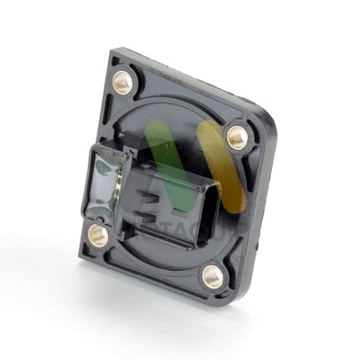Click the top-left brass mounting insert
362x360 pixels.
pos(123,83)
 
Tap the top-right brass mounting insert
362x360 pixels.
pos(237,138)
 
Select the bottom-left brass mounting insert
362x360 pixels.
pos(98,237)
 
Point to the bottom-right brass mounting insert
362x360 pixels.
pos(213,275)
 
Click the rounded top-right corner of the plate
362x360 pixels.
pos(267,122)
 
